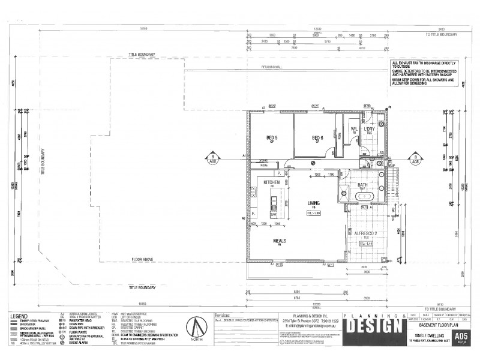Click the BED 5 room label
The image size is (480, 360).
click(x=272, y=137)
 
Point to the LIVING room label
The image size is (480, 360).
click(x=314, y=203)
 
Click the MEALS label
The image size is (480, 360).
click(x=280, y=241)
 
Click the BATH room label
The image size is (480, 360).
click(x=362, y=185)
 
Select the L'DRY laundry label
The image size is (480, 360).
click(x=369, y=128)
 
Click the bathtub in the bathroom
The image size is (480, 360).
click(x=365, y=196)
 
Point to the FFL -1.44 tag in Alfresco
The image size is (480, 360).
click(x=367, y=244)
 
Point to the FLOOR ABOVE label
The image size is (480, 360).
click(x=143, y=260)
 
